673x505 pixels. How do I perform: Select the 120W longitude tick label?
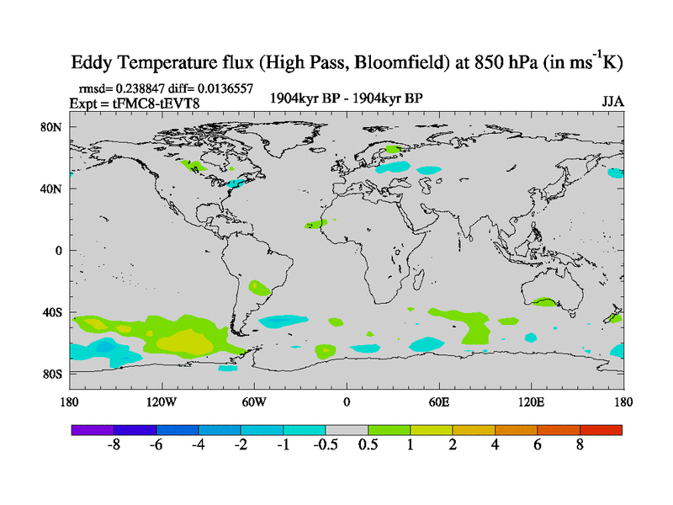point(162,401)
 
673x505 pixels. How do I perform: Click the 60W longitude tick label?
point(254,401)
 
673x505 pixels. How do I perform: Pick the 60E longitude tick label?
point(439,401)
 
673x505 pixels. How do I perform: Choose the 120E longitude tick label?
point(532,401)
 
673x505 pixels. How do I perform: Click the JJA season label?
point(612,101)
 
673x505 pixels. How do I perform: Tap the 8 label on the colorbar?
point(580,446)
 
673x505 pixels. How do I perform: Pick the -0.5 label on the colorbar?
point(326,446)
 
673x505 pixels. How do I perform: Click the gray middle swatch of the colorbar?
point(347,429)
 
